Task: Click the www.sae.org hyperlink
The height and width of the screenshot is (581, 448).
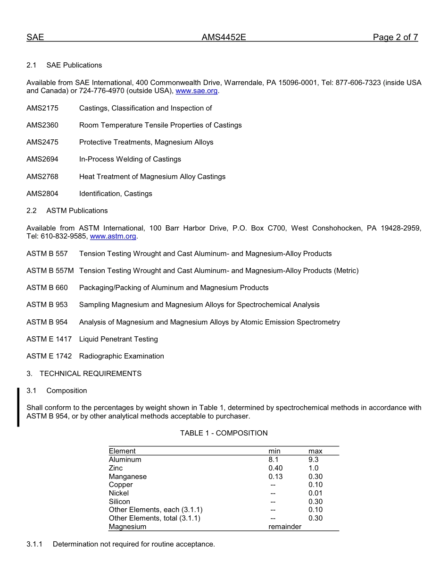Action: tap(197, 91)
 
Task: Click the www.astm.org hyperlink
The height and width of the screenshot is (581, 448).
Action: tap(113, 236)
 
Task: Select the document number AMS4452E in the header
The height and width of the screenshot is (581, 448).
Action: tap(224, 38)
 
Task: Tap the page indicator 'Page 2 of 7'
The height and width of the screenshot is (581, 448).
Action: tap(395, 38)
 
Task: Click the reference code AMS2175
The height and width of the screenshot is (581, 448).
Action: tap(42, 108)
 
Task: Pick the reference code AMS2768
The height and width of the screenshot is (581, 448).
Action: tap(42, 177)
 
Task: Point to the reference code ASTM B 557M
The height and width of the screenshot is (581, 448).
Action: tap(50, 271)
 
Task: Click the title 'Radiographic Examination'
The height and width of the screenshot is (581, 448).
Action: tap(122, 356)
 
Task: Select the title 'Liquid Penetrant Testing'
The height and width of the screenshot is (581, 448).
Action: tap(118, 339)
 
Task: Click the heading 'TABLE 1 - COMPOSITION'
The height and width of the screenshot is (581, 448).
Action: tap(224, 433)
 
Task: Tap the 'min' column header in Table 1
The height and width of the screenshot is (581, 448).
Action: tap(274, 451)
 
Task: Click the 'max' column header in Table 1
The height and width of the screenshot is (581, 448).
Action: tap(315, 451)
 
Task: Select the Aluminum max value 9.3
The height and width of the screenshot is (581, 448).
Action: tap(314, 460)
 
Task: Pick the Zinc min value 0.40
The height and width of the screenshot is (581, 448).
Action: tap(275, 468)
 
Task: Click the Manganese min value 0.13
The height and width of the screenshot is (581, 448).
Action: tap(275, 477)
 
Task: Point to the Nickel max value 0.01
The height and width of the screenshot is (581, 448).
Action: tap(315, 493)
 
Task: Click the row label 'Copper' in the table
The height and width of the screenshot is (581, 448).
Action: tap(121, 485)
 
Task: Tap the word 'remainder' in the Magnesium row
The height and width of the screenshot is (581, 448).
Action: tap(285, 527)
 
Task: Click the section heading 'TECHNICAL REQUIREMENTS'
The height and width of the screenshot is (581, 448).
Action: tap(91, 374)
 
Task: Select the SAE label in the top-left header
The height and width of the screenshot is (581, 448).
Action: tap(35, 38)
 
